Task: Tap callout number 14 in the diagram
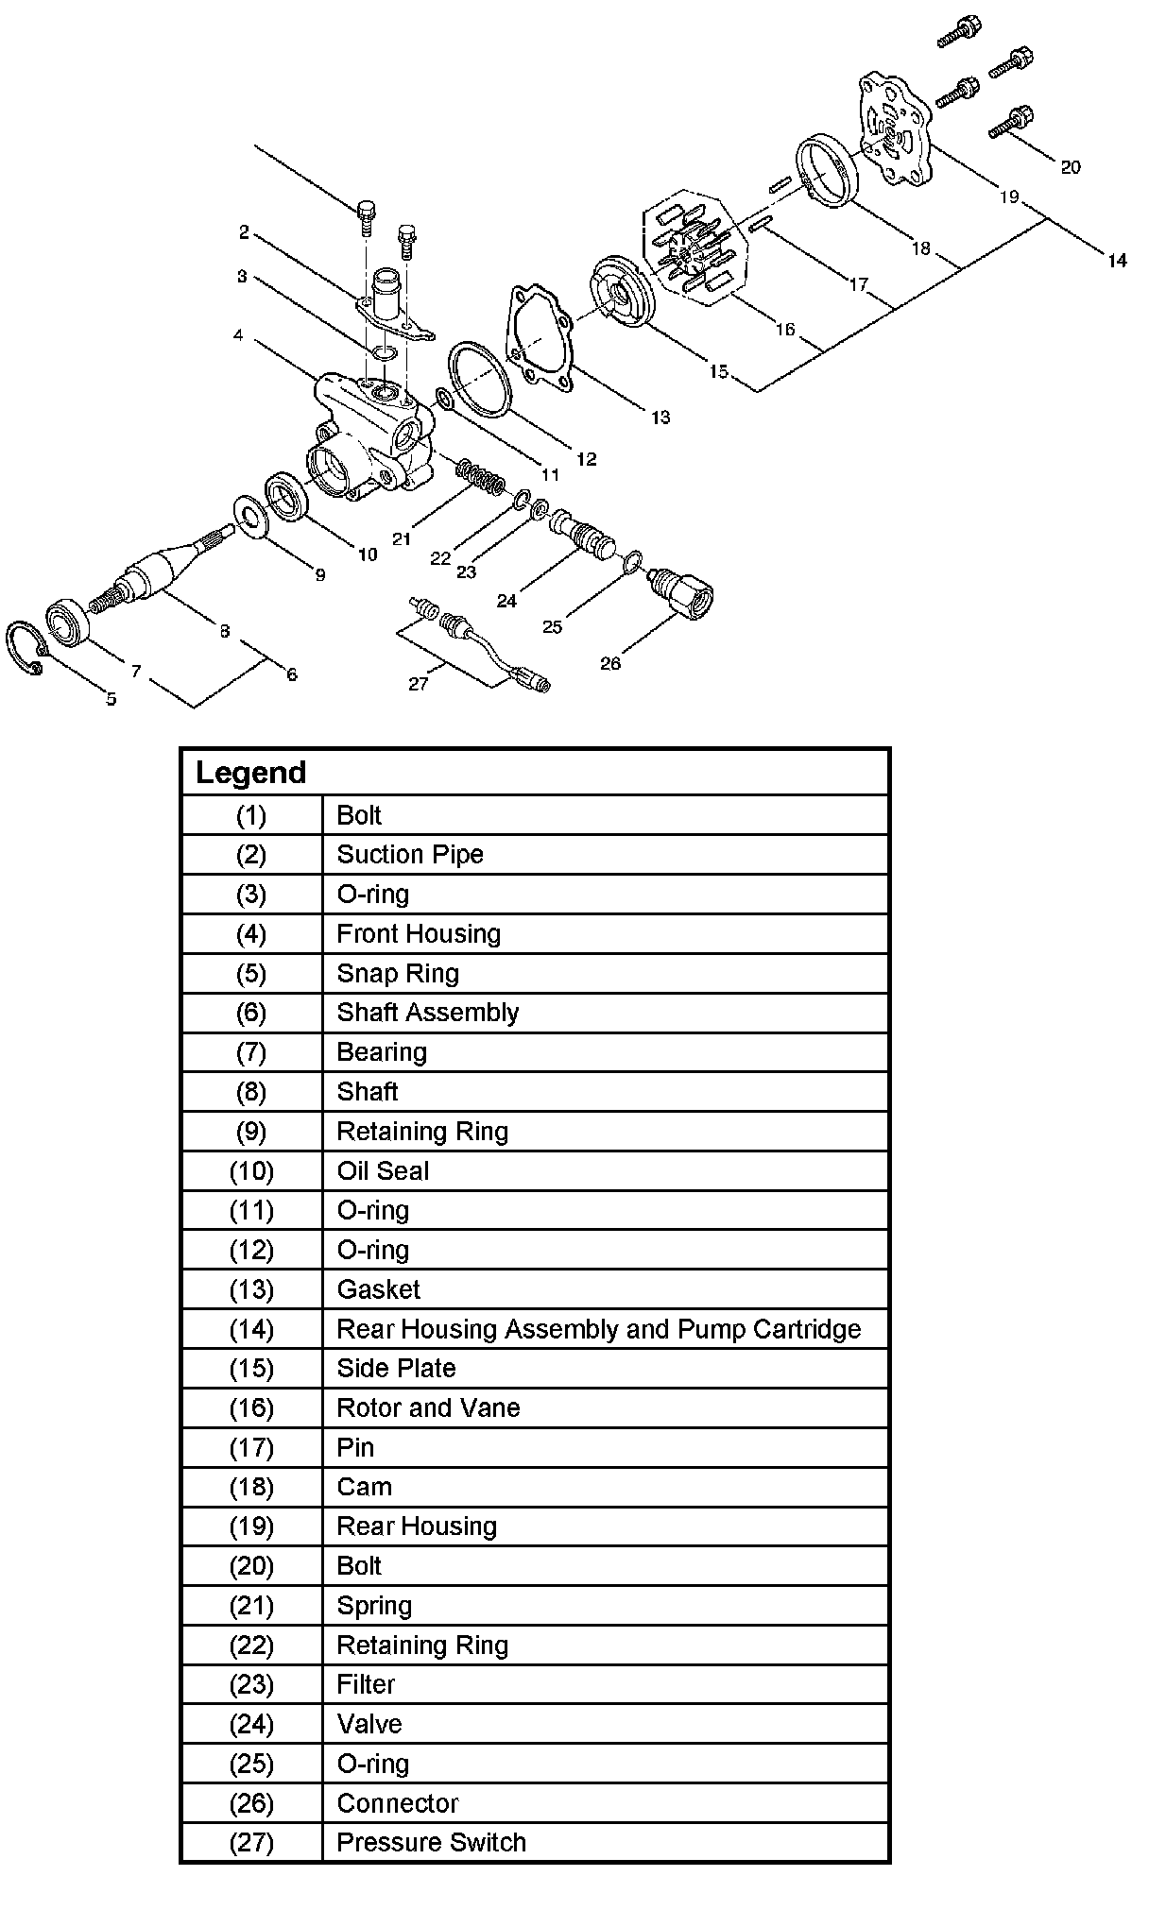coord(1117,261)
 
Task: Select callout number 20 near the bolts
coord(1070,167)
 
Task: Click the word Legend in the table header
coord(251,773)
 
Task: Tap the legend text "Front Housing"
coord(419,933)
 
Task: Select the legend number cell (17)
coord(251,1447)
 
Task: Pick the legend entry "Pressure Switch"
coord(431,1842)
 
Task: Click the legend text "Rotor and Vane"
coord(428,1407)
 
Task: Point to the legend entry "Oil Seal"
coord(383,1170)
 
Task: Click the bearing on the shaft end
coord(67,622)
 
